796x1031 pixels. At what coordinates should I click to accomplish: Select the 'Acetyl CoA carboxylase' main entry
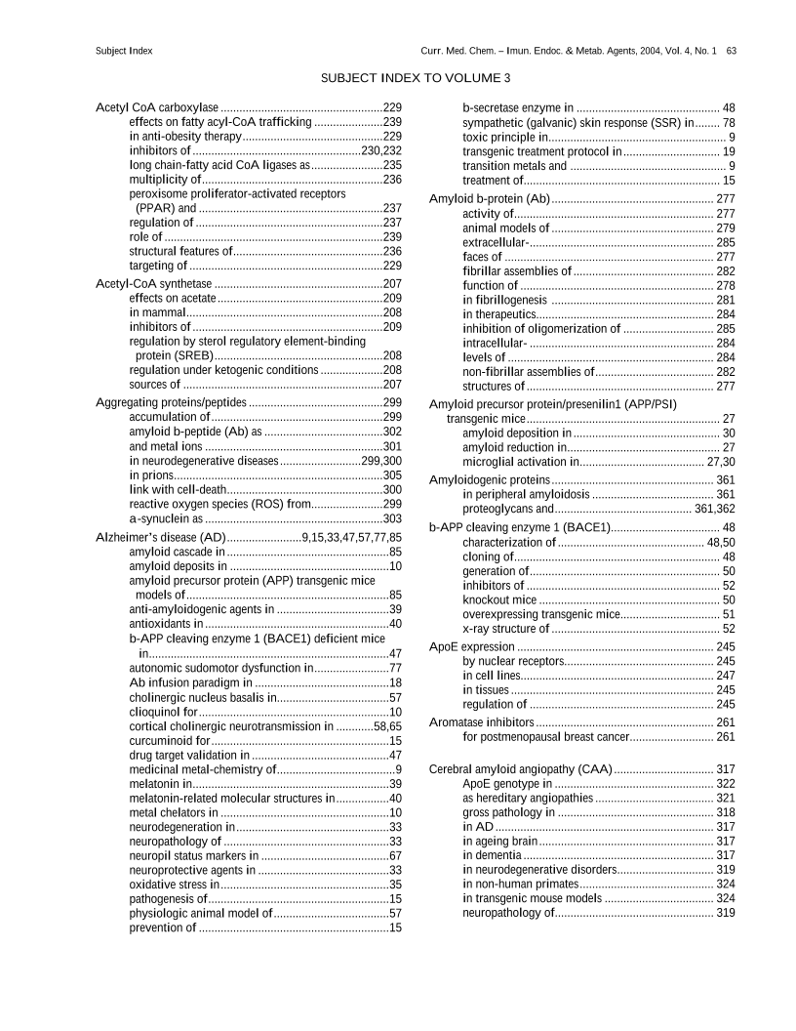point(157,106)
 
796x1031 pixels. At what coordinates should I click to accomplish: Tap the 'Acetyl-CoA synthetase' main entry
point(154,283)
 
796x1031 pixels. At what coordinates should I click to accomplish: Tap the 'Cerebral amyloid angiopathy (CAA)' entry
point(521,769)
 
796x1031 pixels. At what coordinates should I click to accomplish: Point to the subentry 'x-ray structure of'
point(509,629)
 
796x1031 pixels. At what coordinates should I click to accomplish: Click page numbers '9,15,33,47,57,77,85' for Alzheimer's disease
point(352,537)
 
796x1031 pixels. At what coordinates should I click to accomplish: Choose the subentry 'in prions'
point(153,474)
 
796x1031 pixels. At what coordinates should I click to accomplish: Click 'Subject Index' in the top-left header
point(124,50)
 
